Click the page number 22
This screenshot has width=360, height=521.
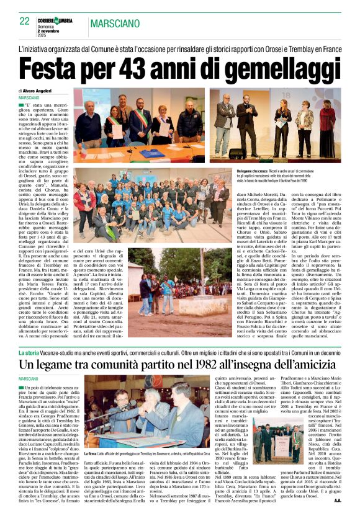click(x=25, y=20)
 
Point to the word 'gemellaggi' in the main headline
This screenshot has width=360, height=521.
click(x=279, y=66)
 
